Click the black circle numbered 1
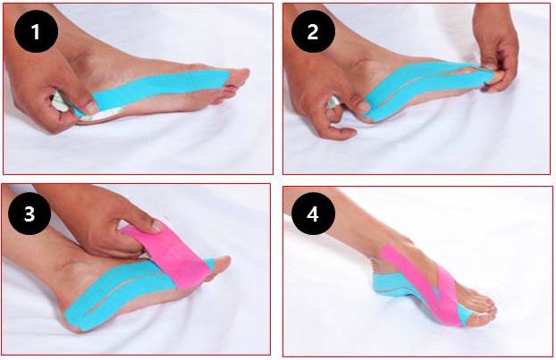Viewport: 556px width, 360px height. pyautogui.click(x=36, y=31)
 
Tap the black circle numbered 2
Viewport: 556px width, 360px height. pyautogui.click(x=313, y=31)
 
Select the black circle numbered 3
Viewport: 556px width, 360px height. pyautogui.click(x=29, y=213)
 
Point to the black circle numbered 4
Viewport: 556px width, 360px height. pyautogui.click(x=313, y=213)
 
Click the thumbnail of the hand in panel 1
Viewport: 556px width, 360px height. pyautogui.click(x=91, y=108)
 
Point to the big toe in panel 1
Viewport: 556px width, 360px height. pyautogui.click(x=239, y=76)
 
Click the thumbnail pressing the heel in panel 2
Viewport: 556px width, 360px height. pyautogui.click(x=363, y=106)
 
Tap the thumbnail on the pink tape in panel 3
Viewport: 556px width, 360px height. pyautogui.click(x=156, y=226)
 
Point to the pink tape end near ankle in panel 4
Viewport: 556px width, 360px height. pyautogui.click(x=387, y=251)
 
